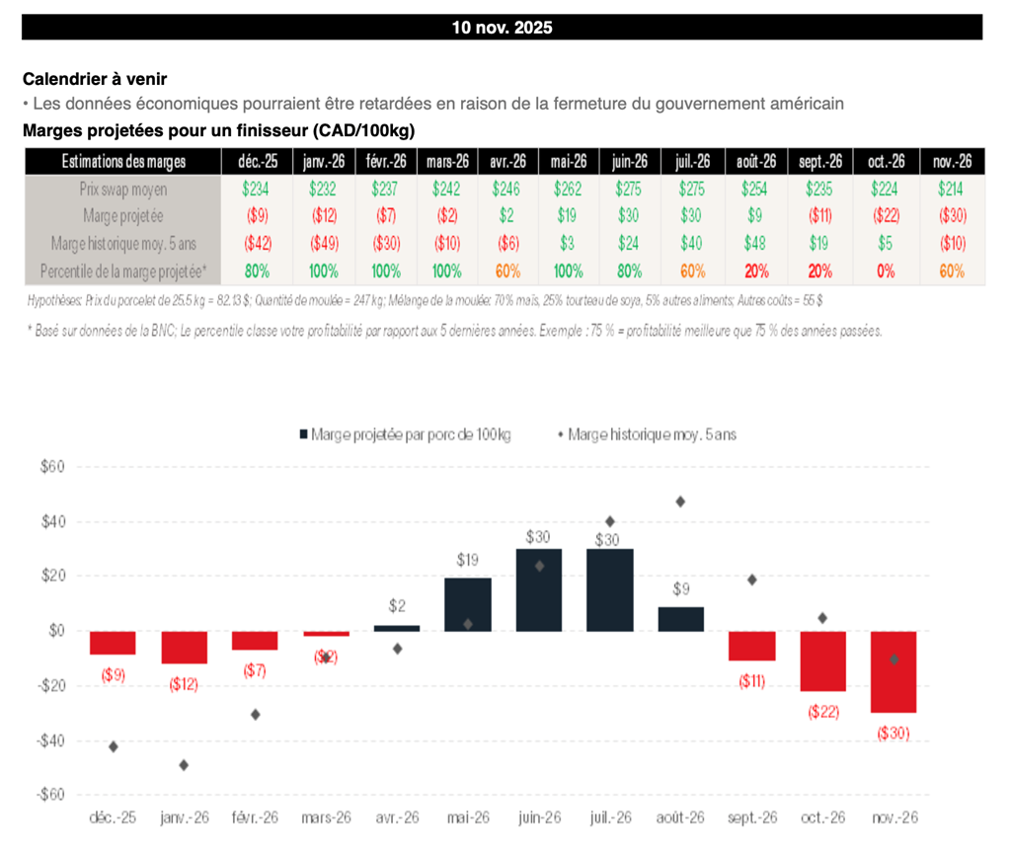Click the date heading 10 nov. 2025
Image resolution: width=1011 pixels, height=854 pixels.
click(x=502, y=28)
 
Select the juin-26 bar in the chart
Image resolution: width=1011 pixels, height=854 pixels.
click(x=539, y=589)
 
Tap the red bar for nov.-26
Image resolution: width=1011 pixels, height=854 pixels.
click(x=894, y=671)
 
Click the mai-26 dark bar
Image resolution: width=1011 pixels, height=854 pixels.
click(x=468, y=604)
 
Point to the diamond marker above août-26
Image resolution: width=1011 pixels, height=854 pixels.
click(x=680, y=502)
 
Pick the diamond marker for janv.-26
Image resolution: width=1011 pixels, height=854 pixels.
click(x=184, y=764)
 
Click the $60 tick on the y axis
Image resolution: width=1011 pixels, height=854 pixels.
click(x=50, y=467)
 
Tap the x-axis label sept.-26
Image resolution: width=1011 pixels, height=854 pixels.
click(x=752, y=817)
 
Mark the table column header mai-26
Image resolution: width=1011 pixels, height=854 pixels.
click(x=570, y=162)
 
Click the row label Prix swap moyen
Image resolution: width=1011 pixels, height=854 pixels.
click(x=123, y=189)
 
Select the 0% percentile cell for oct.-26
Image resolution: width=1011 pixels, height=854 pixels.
click(x=887, y=271)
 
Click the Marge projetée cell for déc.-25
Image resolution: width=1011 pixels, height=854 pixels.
click(x=253, y=215)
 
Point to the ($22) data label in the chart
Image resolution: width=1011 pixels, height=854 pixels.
click(x=822, y=711)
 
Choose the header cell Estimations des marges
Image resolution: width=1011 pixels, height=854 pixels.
click(x=123, y=162)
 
